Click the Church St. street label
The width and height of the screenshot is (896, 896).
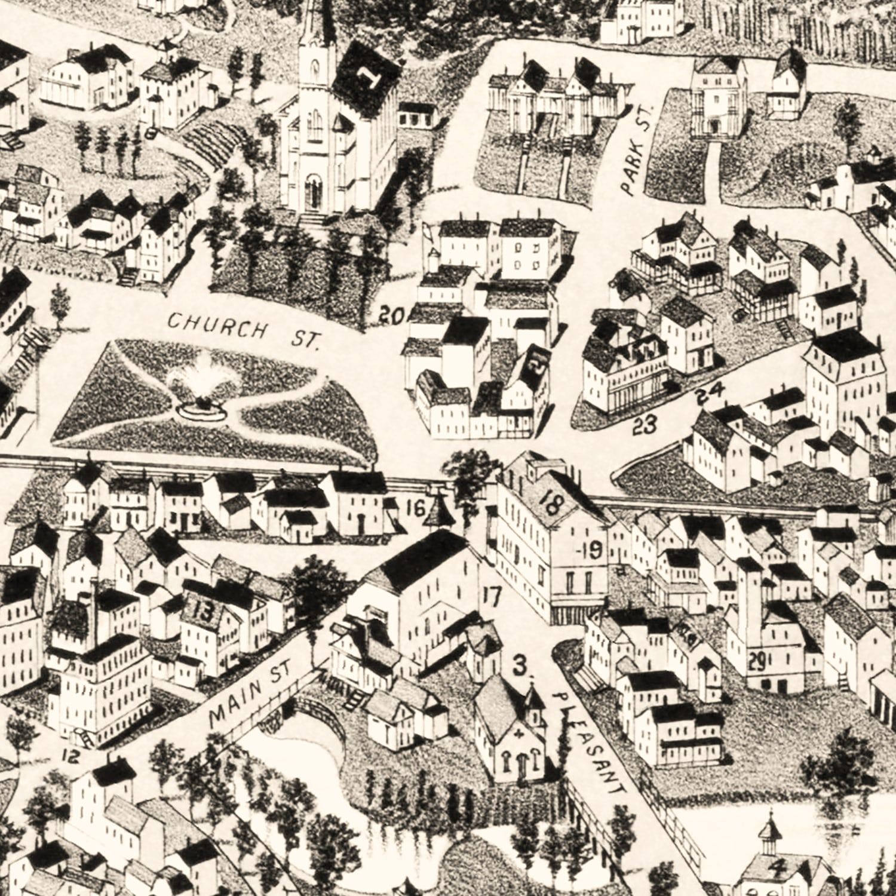click(x=244, y=331)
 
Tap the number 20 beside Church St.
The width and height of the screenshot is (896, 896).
click(x=391, y=315)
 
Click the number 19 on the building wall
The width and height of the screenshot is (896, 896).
click(x=591, y=550)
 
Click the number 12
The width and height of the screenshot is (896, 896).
click(x=70, y=756)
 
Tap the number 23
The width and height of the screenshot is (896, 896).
click(x=645, y=425)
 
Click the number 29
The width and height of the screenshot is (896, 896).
click(x=757, y=662)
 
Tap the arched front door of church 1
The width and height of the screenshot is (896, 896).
click(x=313, y=191)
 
